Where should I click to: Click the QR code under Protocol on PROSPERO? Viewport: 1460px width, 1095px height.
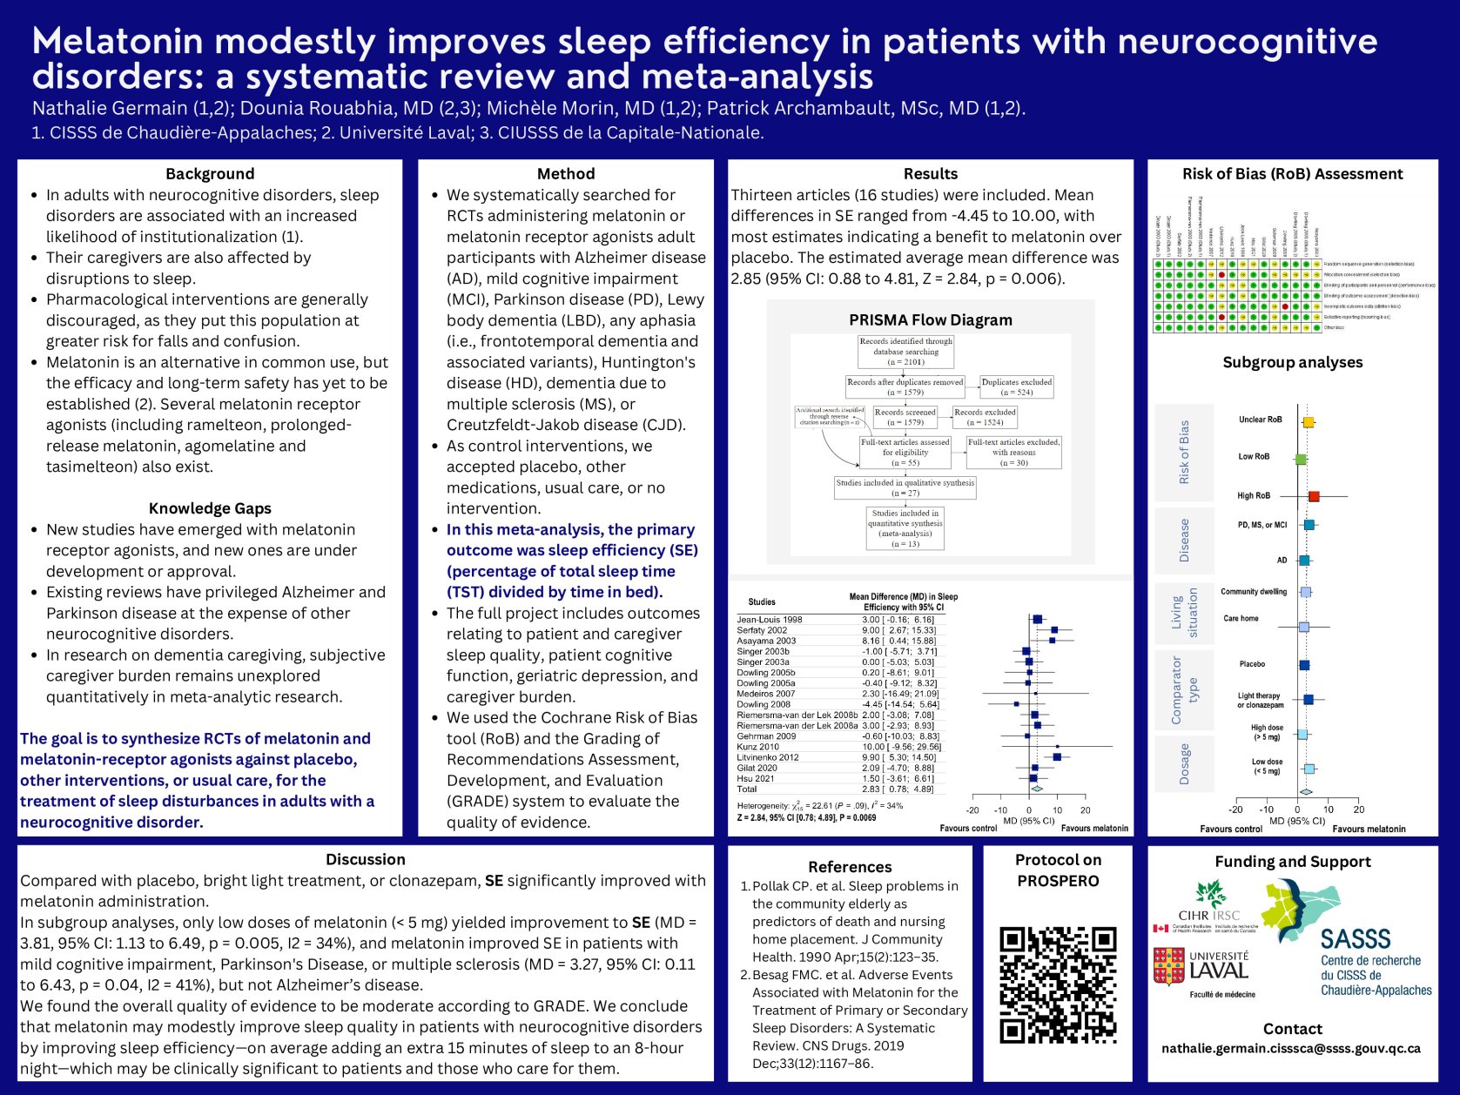(x=1058, y=984)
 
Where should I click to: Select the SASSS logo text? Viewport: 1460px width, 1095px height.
(x=1355, y=938)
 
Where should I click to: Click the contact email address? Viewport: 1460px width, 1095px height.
(x=1291, y=1049)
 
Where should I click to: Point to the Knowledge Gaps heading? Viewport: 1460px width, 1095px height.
(x=210, y=508)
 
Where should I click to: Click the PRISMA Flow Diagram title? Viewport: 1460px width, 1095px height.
(x=930, y=319)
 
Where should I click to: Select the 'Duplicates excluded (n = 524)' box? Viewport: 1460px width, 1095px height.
(x=1017, y=386)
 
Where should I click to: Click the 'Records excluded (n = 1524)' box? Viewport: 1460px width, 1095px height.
(x=985, y=417)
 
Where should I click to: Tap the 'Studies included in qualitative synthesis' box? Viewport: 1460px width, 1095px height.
(x=905, y=487)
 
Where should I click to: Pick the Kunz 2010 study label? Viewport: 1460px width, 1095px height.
(x=757, y=747)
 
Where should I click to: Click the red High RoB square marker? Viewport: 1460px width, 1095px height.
(x=1313, y=496)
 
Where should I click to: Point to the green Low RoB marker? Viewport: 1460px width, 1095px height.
(x=1300, y=459)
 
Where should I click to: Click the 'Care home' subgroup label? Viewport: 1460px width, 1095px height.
(x=1241, y=619)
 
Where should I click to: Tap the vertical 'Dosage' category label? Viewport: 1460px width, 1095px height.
(x=1183, y=763)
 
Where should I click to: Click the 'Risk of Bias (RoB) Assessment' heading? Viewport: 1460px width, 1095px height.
(x=1292, y=174)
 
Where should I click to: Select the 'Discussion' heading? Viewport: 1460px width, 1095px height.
(x=365, y=859)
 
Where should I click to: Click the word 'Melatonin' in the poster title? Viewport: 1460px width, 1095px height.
(x=117, y=42)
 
